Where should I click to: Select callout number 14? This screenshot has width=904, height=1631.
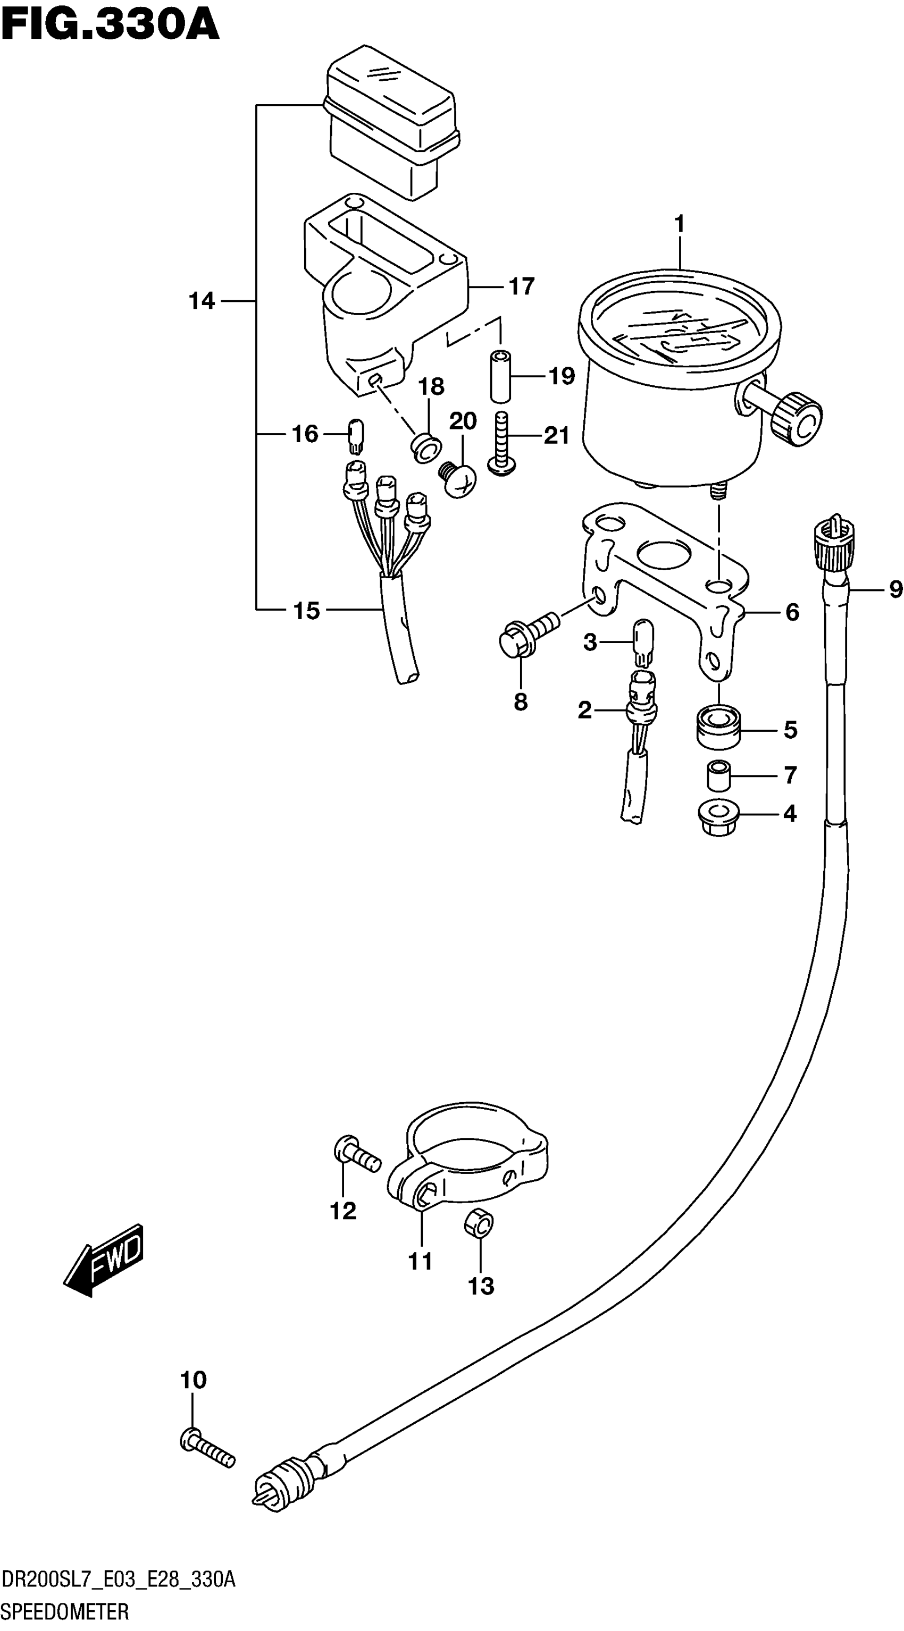202,301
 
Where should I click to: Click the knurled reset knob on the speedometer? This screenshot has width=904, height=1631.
797,419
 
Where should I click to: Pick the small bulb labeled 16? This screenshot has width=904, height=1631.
356,436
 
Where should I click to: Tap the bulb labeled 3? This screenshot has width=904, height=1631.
643,643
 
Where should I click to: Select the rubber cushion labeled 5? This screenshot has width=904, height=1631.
718,728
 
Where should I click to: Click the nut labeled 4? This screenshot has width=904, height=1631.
718,818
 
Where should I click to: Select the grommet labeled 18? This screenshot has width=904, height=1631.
427,447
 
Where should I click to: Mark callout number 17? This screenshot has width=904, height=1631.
521,287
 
